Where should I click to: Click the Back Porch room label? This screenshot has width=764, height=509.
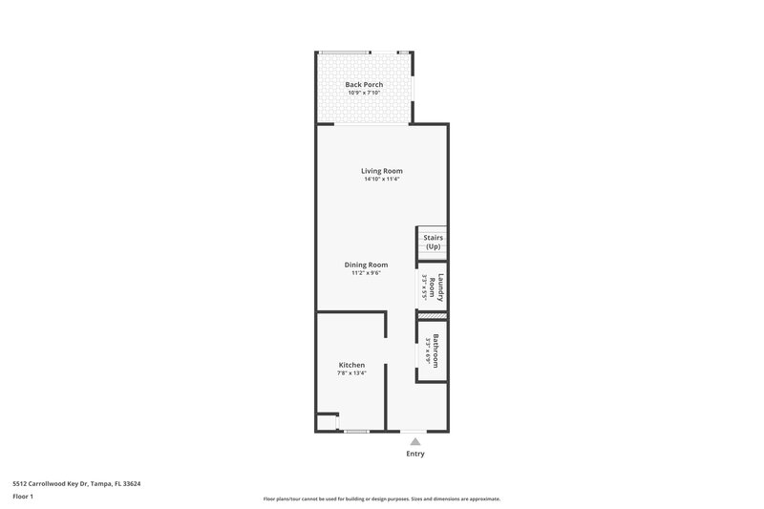[x=364, y=85]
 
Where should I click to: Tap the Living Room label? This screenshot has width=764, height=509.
[x=368, y=171]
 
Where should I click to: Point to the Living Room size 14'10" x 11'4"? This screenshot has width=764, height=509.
[x=368, y=180]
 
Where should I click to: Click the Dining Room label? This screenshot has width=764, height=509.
[x=367, y=265]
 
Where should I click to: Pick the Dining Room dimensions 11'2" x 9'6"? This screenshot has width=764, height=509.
[x=367, y=273]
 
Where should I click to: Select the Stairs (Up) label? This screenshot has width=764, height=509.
[x=433, y=242]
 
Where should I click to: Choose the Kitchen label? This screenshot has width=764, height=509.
[x=351, y=365]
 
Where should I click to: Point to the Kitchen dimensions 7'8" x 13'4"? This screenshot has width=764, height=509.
[x=351, y=373]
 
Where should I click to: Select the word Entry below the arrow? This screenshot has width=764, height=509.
[x=414, y=454]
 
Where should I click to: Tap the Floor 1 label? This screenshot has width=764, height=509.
[x=24, y=497]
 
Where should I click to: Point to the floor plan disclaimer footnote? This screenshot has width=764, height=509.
[x=381, y=498]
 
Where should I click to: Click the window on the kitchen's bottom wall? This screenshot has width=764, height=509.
[x=357, y=432]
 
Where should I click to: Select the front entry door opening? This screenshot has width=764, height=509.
[x=414, y=432]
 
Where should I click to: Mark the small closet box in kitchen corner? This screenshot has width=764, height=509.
[x=327, y=422]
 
